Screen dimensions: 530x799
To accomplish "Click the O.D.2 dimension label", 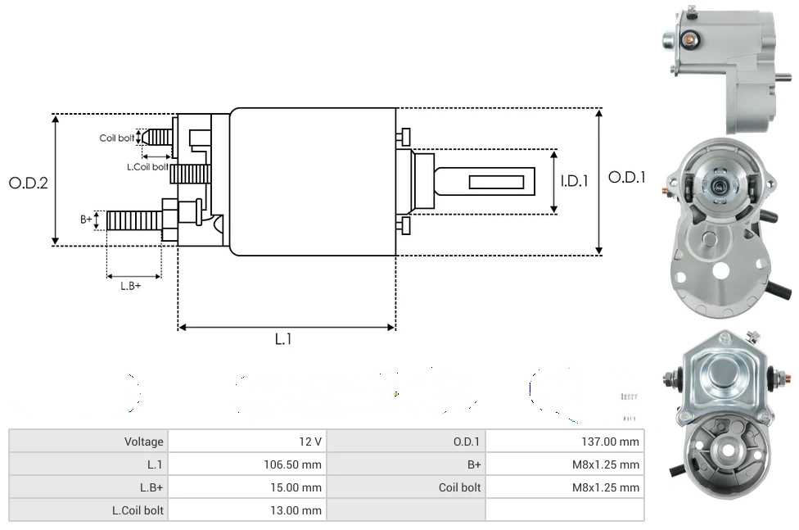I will (x=28, y=183).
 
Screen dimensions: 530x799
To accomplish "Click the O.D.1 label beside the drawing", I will (x=627, y=177).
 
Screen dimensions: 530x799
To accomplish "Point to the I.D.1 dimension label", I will (x=575, y=181).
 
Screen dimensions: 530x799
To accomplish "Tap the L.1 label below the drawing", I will (x=282, y=339).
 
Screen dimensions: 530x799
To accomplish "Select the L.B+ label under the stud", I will (x=131, y=286).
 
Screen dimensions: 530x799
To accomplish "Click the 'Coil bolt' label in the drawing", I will (x=116, y=138).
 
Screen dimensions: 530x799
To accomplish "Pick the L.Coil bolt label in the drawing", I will (x=147, y=166).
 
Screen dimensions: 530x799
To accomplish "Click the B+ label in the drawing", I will (x=86, y=220).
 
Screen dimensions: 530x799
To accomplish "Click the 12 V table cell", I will (x=310, y=442).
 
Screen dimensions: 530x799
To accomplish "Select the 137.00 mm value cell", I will (x=605, y=442).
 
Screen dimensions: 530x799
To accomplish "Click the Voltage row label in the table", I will (x=144, y=442).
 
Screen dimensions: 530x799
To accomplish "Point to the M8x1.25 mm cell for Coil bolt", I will (x=605, y=487).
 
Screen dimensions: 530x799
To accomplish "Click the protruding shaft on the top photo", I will (x=783, y=79).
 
